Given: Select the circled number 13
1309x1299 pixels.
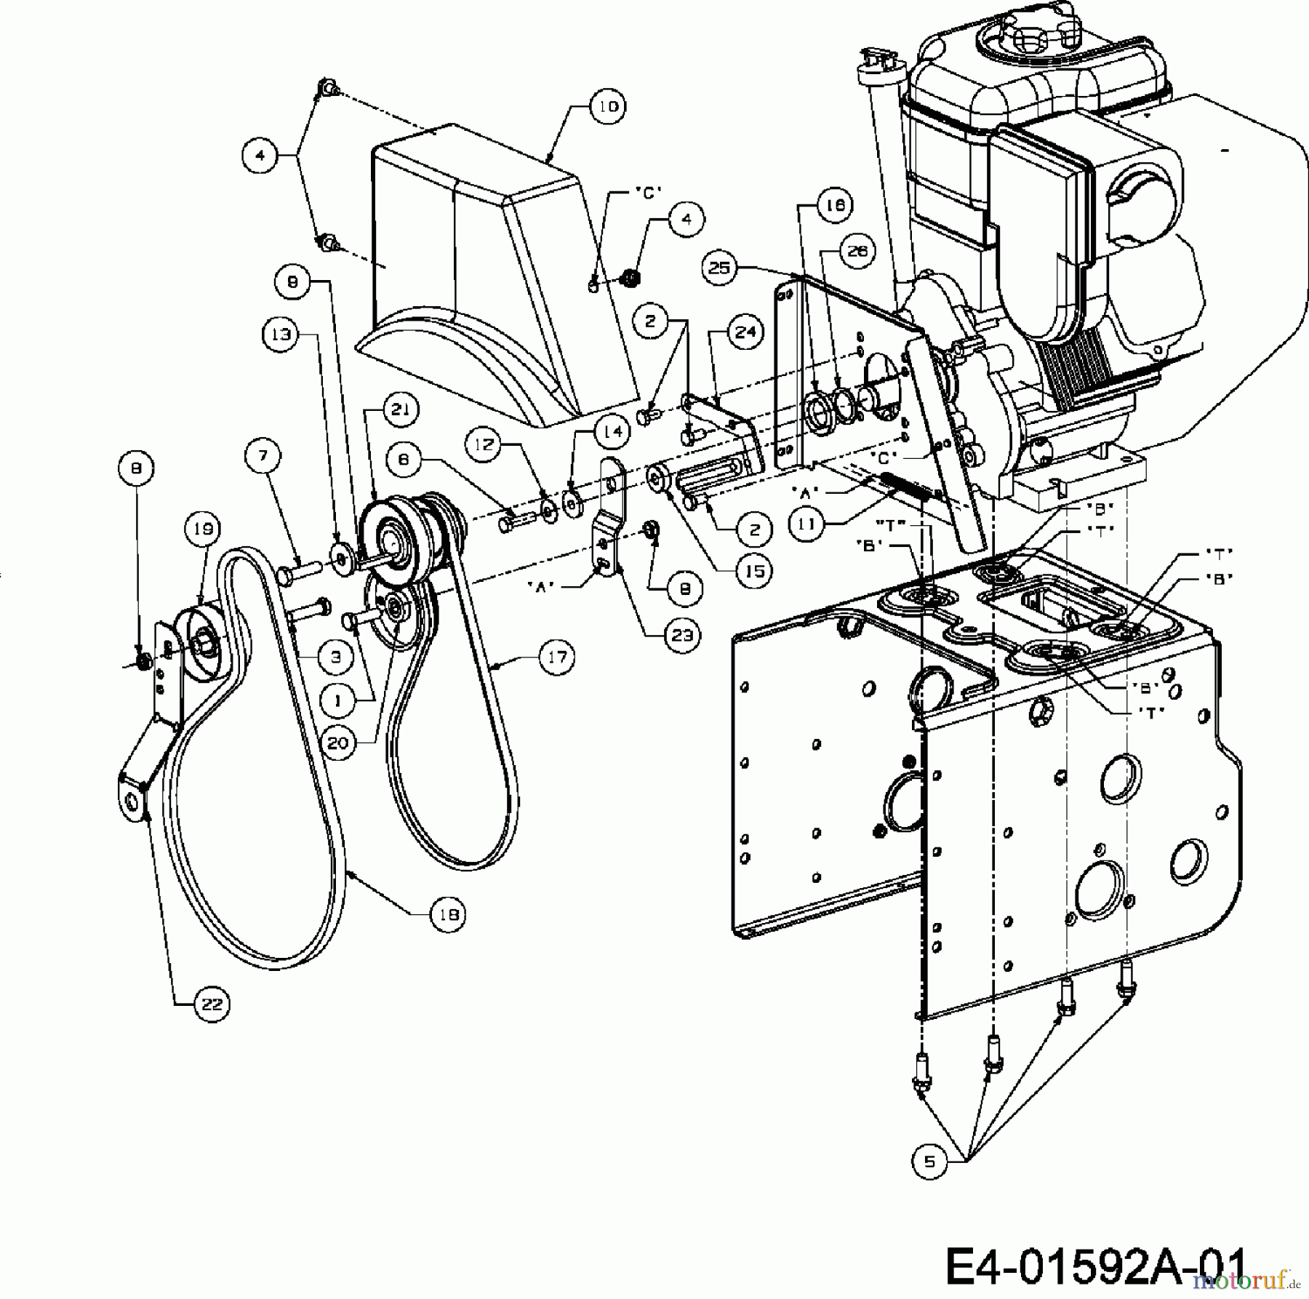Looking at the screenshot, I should coord(282,335).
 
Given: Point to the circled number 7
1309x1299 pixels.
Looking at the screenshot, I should coord(263,456).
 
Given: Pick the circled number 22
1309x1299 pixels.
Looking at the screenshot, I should coord(212,1004).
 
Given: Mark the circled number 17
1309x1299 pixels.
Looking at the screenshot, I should coord(557,658).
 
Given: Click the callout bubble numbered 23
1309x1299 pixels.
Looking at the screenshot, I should coord(682,635).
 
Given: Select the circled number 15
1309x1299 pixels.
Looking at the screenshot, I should coord(754,570).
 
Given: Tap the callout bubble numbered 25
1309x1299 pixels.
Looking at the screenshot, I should coord(720,268).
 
